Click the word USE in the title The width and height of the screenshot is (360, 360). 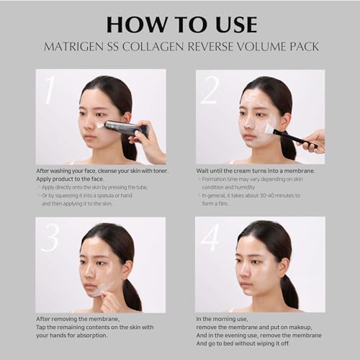236,24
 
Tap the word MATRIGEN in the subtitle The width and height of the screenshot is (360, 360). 73,46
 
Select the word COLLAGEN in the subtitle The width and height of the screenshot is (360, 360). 153,46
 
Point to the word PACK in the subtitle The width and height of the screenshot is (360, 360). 305,46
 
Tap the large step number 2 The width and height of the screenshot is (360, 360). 210,90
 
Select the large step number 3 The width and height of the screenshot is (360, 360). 50,238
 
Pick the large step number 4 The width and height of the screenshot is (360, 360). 210,238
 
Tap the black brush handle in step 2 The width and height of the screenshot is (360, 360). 296,139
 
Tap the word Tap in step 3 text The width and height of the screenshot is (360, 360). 41,328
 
